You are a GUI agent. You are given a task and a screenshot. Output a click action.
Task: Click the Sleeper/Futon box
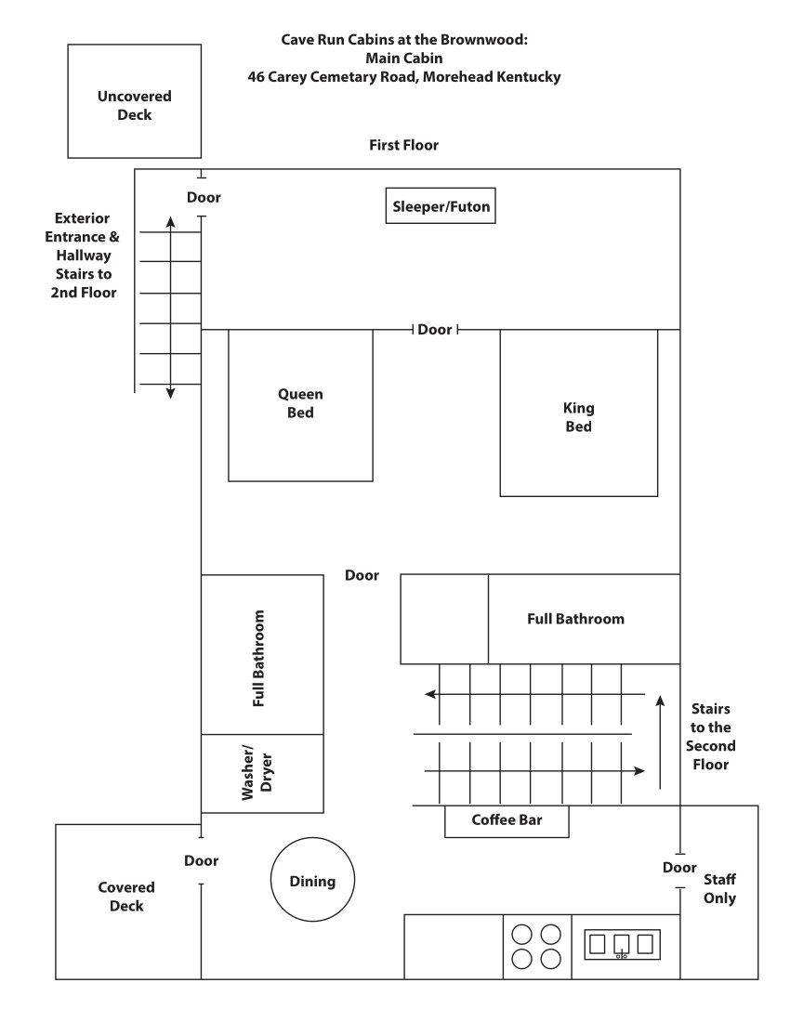pos(441,206)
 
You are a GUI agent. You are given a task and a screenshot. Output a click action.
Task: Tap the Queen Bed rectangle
pos(301,405)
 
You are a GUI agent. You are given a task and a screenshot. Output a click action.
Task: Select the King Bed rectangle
pos(578,418)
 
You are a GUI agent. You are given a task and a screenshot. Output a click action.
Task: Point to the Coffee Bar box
pos(507,820)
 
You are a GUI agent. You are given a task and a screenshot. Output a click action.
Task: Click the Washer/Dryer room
pos(262,773)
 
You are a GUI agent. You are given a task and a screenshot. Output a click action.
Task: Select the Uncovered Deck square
pos(135,105)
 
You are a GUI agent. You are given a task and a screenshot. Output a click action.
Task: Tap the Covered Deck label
pos(126,897)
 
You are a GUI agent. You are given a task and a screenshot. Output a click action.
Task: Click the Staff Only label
pos(720,888)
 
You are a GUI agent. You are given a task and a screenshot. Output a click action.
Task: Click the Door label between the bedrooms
pos(435,330)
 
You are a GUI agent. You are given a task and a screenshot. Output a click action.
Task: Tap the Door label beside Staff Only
pos(679,868)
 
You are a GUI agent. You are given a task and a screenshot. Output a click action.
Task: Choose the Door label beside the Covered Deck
pos(202,861)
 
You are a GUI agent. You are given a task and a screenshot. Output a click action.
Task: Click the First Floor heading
pos(403,145)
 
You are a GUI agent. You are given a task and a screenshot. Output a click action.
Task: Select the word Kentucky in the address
pos(520,77)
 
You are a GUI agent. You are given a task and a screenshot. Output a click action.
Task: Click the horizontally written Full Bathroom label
pos(575,619)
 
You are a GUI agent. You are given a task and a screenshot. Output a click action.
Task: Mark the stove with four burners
pos(537,946)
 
